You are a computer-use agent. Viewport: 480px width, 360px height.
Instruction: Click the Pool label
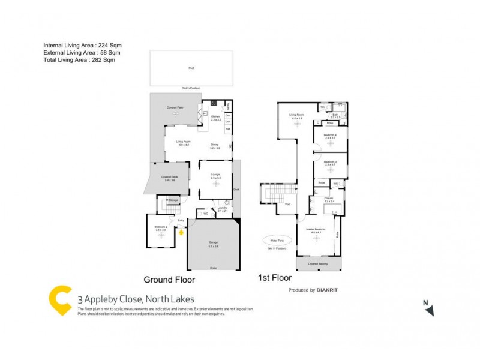191,68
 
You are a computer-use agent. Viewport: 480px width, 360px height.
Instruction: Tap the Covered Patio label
175,107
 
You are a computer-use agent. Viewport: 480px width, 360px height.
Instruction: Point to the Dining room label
215,145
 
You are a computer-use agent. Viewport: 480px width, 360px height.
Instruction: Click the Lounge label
215,175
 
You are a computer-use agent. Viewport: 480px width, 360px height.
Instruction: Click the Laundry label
222,209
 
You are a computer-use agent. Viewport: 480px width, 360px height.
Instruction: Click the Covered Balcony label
317,263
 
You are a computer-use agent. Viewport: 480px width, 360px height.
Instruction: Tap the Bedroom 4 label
330,136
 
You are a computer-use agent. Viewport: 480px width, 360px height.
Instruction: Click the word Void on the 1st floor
287,204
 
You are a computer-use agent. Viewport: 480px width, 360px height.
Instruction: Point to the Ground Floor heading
169,280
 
